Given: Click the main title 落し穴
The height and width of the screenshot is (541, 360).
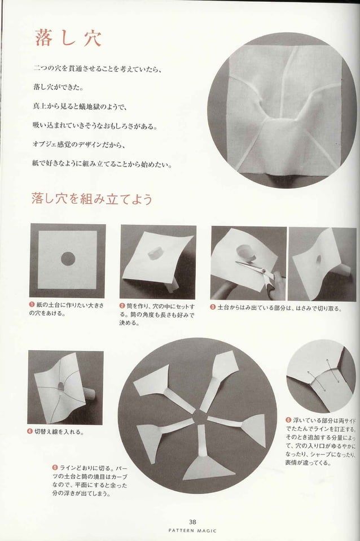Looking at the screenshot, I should click(x=68, y=38).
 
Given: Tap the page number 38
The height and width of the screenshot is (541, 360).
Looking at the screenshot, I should click(x=193, y=522).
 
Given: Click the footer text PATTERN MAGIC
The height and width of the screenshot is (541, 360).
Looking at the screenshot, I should click(x=192, y=530).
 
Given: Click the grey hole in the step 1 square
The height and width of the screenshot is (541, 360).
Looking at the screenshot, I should click(x=68, y=259).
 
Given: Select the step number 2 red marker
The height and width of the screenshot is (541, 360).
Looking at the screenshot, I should click(x=122, y=306).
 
